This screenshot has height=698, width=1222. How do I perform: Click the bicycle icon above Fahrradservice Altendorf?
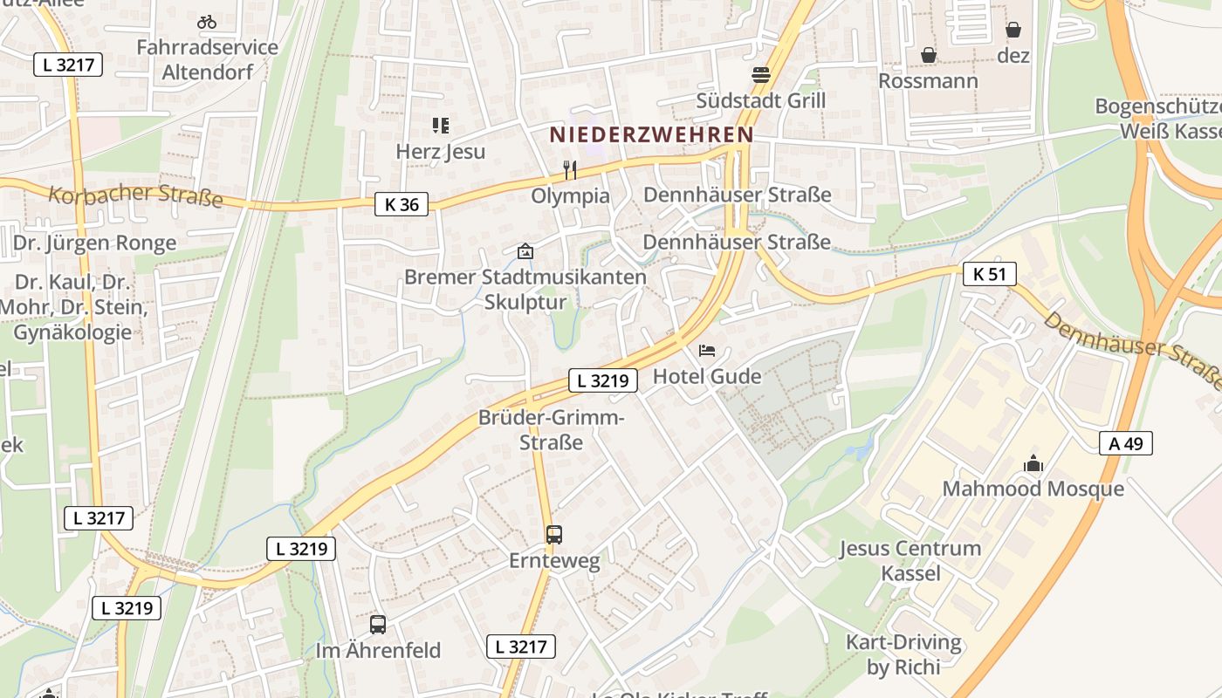tap(207, 22)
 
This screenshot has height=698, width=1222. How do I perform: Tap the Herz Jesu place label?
tap(440, 151)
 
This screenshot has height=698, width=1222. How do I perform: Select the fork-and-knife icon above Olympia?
tap(570, 169)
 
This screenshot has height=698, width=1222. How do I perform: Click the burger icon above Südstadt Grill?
tap(761, 75)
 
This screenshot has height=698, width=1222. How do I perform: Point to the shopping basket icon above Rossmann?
tap(928, 55)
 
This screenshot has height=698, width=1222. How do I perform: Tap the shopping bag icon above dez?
tap(1013, 31)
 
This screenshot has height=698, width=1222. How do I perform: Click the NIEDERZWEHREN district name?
tap(651, 134)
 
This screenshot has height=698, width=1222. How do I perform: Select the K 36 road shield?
tap(402, 205)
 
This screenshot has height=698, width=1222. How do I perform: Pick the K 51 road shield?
tap(990, 274)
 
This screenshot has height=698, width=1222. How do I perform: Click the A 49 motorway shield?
tap(1126, 443)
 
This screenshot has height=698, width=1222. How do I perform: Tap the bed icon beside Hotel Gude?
tap(707, 351)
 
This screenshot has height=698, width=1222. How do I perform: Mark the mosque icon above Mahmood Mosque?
tap(1033, 463)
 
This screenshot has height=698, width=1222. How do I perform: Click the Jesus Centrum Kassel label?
tap(910, 560)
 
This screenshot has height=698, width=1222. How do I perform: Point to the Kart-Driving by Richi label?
tap(903, 654)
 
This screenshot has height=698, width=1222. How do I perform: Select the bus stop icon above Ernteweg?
tap(554, 535)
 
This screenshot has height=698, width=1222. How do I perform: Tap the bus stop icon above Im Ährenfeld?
tap(378, 625)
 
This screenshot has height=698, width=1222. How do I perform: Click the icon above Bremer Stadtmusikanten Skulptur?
tap(525, 251)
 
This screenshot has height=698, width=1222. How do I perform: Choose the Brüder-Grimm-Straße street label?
tap(551, 429)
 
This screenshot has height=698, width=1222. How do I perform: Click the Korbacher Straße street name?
tap(135, 195)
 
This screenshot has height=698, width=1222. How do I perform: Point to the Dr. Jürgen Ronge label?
tap(95, 243)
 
